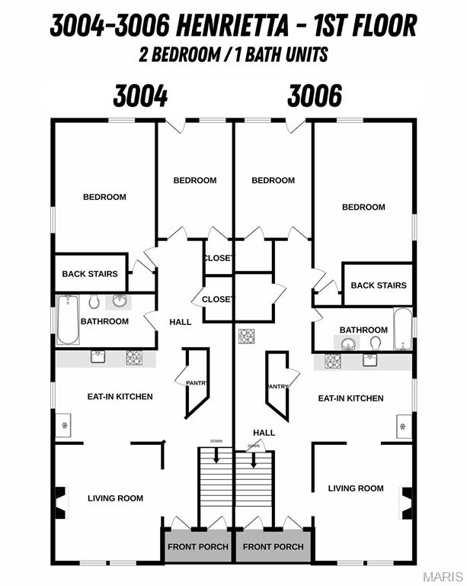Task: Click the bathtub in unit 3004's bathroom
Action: click(x=68, y=320)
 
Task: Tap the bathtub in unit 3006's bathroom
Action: click(x=403, y=330)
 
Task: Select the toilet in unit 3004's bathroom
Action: click(x=94, y=301)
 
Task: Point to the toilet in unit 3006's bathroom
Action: click(x=376, y=343)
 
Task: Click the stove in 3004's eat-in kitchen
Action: click(x=134, y=358)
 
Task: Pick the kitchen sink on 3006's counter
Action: click(x=369, y=360)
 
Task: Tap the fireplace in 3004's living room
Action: click(x=61, y=502)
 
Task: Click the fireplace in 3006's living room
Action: click(x=406, y=503)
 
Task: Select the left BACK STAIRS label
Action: click(x=90, y=274)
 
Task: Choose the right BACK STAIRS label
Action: click(x=379, y=285)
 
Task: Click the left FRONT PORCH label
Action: click(x=198, y=547)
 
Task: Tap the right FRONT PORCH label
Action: click(x=273, y=547)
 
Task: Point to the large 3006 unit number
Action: click(x=315, y=95)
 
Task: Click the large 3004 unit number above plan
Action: click(x=140, y=95)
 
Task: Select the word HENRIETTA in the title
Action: click(x=232, y=26)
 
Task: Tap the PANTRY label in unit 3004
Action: click(x=197, y=383)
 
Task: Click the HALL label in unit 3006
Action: click(x=264, y=433)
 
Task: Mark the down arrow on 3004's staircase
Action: click(x=216, y=455)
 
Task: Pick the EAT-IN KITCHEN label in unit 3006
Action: click(x=350, y=398)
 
